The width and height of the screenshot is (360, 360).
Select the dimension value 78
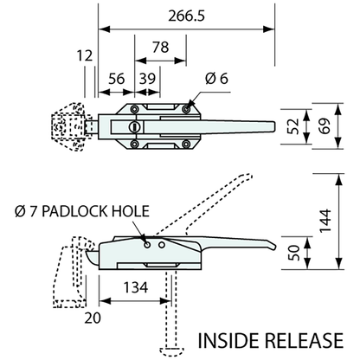click(x=161, y=48)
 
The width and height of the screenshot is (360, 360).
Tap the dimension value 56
click(x=114, y=77)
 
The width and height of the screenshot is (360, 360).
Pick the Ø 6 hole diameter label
click(x=216, y=78)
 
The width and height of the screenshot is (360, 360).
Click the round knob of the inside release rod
click(x=170, y=350)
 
